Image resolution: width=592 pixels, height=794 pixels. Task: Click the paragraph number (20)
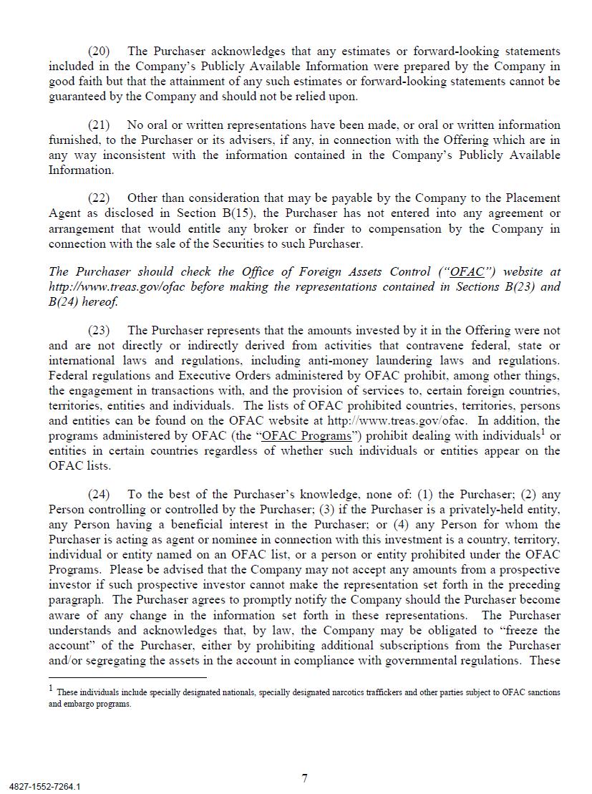click(x=99, y=51)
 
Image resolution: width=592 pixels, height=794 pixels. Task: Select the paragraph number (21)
click(x=99, y=125)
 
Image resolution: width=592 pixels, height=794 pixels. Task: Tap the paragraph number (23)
click(x=99, y=330)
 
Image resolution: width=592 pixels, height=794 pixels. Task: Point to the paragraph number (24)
click(x=99, y=494)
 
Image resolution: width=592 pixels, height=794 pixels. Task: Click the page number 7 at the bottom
click(x=305, y=778)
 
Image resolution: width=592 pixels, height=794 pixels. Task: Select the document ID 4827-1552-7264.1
click(x=45, y=786)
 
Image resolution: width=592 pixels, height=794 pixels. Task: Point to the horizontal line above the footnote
click(x=127, y=677)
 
